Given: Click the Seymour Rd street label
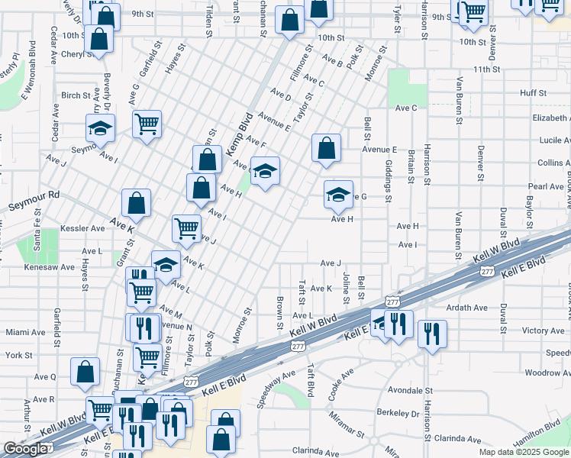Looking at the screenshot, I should (x=33, y=202).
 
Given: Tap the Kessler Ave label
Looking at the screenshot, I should (x=87, y=228).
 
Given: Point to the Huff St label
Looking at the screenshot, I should (x=533, y=93).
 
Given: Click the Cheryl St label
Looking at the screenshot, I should (x=77, y=54).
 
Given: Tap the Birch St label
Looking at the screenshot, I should (x=76, y=95).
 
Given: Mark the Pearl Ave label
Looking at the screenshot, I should (x=545, y=186).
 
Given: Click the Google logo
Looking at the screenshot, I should (x=25, y=449).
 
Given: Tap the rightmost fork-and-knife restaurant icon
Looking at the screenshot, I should (x=432, y=332).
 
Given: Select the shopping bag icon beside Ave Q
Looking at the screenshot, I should (x=85, y=371).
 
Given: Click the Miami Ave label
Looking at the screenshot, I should (x=25, y=332).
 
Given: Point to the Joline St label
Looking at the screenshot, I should (x=346, y=287).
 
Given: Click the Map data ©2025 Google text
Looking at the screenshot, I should (x=523, y=452).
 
